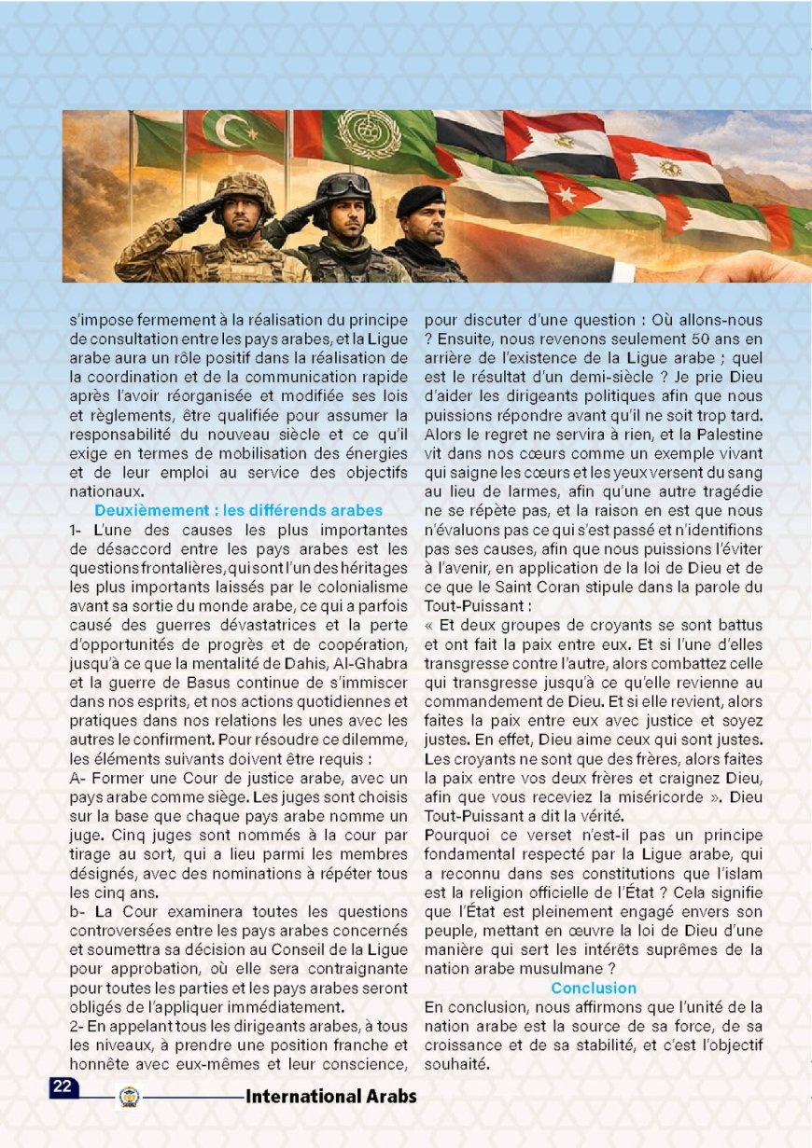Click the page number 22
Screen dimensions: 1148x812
point(63,1086)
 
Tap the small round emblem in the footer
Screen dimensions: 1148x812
point(129,1097)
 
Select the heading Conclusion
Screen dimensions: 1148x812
point(594,988)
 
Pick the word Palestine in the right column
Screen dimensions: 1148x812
point(730,436)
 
